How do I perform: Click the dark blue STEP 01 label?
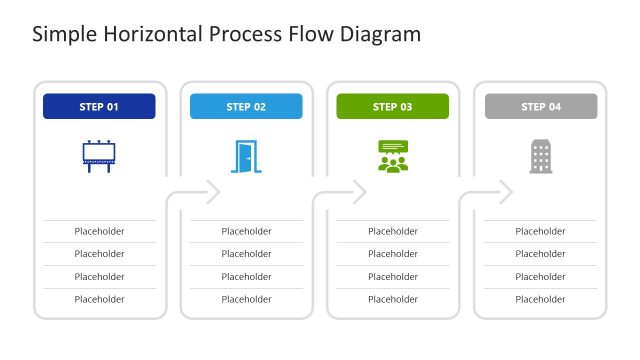coord(99,106)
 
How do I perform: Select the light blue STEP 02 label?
coord(246,106)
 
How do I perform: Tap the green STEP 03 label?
coord(392,106)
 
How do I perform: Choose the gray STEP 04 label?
coord(540,106)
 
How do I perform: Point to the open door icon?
coord(246,156)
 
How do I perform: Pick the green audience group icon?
coord(393,156)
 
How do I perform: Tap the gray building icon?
coord(540,156)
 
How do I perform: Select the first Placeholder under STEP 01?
coord(99,231)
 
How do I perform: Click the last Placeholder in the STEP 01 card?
coord(99,299)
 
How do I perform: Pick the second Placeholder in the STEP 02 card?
coord(246,254)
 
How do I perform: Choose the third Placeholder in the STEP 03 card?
coord(393,277)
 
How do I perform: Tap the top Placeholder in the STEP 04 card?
coord(540,231)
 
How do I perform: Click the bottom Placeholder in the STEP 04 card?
coord(540,299)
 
